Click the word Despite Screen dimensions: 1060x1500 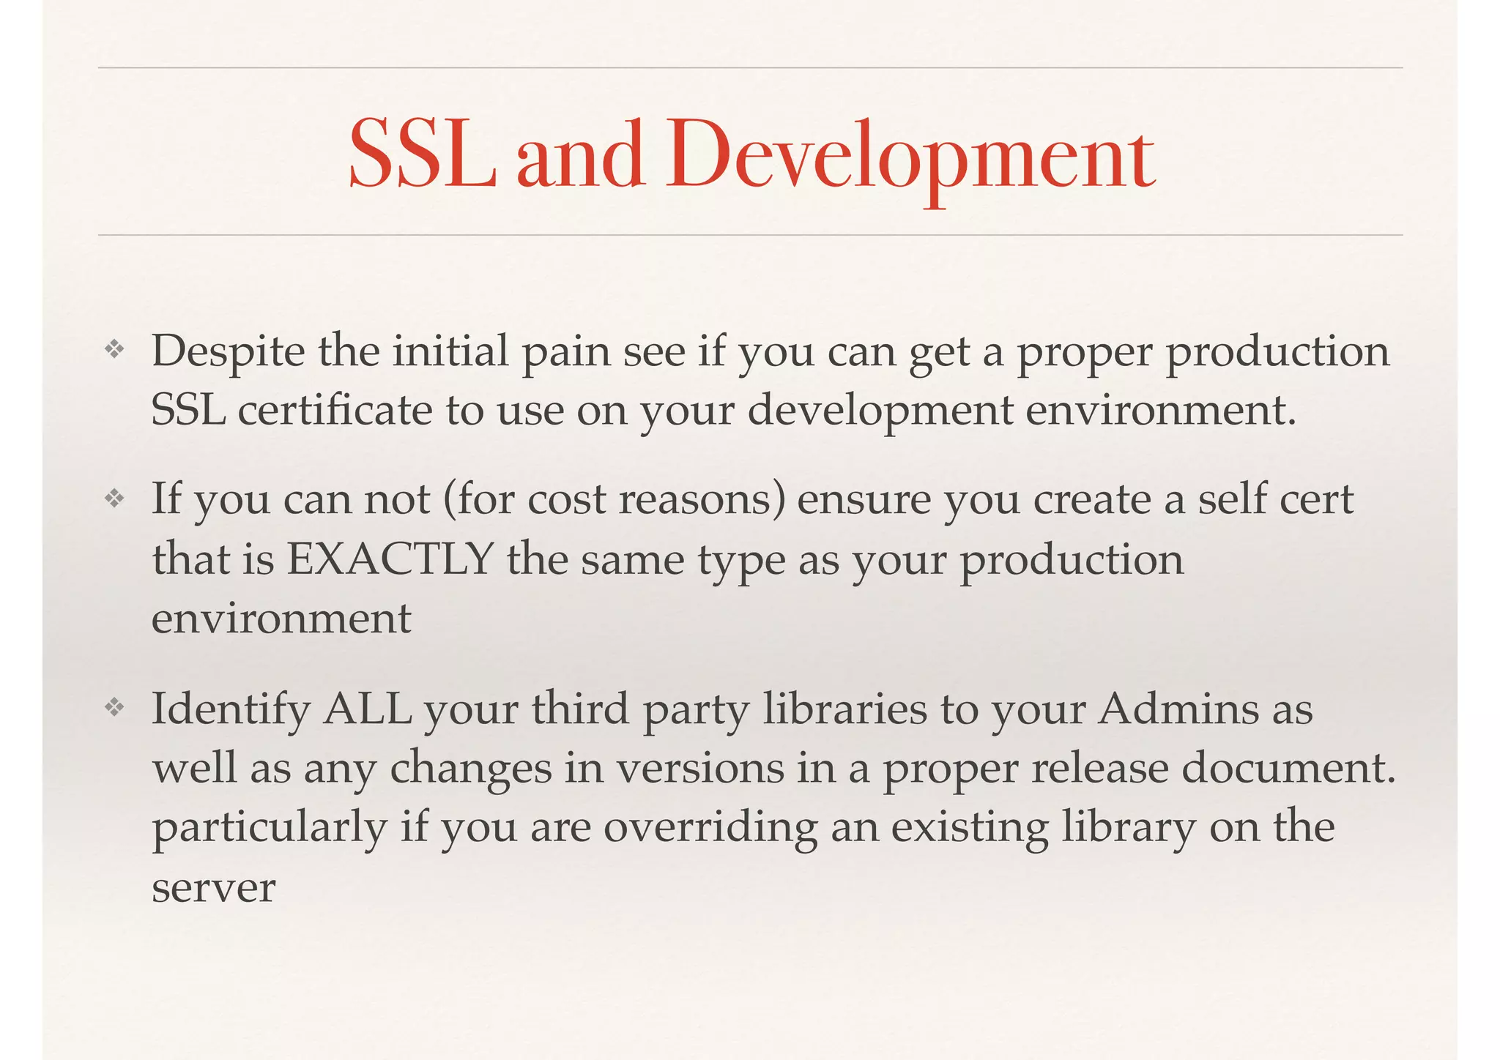pyautogui.click(x=228, y=352)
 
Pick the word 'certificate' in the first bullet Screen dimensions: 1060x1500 pyautogui.click(x=335, y=410)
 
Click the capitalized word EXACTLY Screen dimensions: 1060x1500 pyautogui.click(x=389, y=559)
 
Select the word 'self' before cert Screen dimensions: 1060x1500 pyautogui.click(x=1231, y=500)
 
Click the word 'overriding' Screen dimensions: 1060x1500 pyautogui.click(x=710, y=828)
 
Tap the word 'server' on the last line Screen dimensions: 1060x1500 pyautogui.click(x=213, y=888)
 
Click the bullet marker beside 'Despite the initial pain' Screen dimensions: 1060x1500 pyautogui.click(x=114, y=351)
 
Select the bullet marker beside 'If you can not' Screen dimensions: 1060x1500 pyautogui.click(x=114, y=499)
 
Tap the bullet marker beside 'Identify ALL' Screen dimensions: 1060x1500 pyautogui.click(x=114, y=708)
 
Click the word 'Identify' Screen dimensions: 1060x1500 pyautogui.click(x=231, y=710)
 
